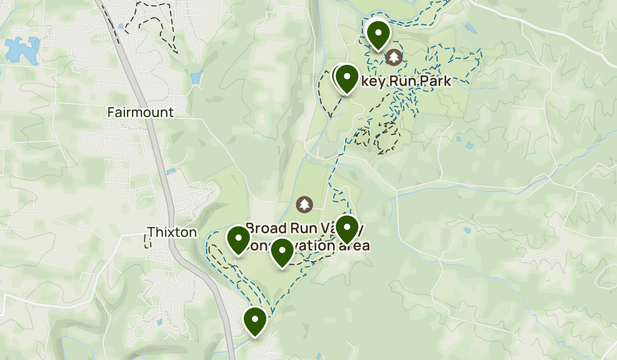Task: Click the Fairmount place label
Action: (140, 112)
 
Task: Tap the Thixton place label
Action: (172, 232)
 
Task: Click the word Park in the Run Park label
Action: (435, 81)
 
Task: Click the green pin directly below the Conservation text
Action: (282, 252)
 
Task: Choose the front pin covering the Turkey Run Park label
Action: (347, 78)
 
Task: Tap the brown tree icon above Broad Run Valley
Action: (305, 204)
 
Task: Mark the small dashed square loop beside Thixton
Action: (148, 242)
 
